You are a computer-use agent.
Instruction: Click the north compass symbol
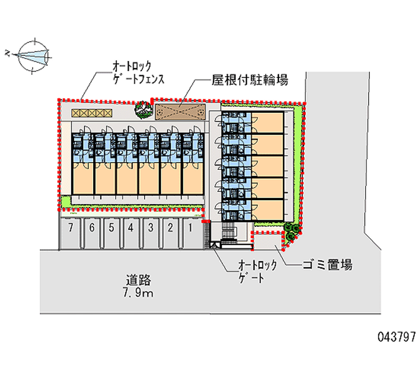[x=32, y=53]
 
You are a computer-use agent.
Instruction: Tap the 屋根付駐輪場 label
[x=250, y=80]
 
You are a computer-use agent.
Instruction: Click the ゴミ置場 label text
[x=327, y=265]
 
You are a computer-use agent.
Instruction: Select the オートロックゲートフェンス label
[x=138, y=73]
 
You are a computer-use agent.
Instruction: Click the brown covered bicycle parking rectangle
[x=179, y=110]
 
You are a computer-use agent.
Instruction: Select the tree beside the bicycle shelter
[x=141, y=109]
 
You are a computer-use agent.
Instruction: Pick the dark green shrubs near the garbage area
[x=291, y=232]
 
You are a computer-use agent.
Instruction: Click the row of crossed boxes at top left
[x=91, y=112]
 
